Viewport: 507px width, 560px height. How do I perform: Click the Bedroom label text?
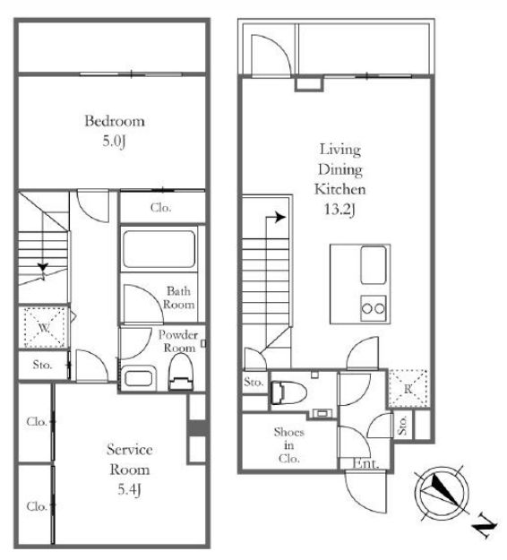(115, 122)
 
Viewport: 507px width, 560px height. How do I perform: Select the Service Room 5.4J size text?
(129, 489)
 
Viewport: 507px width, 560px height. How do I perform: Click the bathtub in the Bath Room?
(159, 249)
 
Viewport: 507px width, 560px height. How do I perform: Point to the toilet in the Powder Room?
(181, 372)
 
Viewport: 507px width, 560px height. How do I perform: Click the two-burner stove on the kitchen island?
(374, 308)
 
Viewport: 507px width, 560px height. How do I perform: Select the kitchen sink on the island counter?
(374, 265)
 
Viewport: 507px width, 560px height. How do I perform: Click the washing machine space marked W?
(44, 328)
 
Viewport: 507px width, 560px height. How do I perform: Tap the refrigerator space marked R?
(408, 389)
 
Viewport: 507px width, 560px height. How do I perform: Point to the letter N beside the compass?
(485, 526)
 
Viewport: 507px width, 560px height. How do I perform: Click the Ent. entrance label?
(365, 463)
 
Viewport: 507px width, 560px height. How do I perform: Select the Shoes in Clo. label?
(288, 445)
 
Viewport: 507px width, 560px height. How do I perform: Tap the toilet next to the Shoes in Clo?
(288, 392)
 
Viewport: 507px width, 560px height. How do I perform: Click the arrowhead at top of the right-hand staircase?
(280, 218)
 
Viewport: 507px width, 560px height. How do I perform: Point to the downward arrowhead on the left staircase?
(43, 267)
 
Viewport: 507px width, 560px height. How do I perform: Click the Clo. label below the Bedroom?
(160, 208)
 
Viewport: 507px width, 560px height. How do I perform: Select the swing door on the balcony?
(271, 56)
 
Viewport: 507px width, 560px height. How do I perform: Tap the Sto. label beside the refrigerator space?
(402, 425)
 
